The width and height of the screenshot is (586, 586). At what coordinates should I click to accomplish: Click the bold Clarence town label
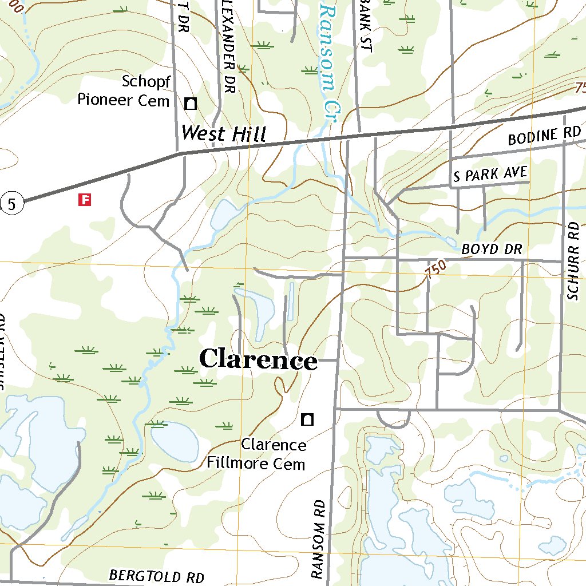[x=258, y=359]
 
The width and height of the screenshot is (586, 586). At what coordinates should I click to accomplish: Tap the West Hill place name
[x=223, y=134]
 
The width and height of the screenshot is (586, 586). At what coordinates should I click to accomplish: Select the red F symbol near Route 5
[x=85, y=200]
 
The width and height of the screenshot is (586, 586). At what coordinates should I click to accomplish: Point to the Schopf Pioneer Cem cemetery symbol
[x=191, y=104]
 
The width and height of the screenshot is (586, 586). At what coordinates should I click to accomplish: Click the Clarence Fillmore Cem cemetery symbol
[x=307, y=419]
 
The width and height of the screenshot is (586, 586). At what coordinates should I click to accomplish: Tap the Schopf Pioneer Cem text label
[x=124, y=90]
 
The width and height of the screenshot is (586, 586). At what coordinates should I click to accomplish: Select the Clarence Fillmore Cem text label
[x=257, y=454]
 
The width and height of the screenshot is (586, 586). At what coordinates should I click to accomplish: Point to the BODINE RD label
[x=544, y=136]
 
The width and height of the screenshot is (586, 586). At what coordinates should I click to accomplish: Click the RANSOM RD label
[x=318, y=538]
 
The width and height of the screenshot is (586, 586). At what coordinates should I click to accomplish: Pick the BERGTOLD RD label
[x=156, y=576]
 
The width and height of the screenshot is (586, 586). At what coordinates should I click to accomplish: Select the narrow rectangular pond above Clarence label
[x=291, y=300]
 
